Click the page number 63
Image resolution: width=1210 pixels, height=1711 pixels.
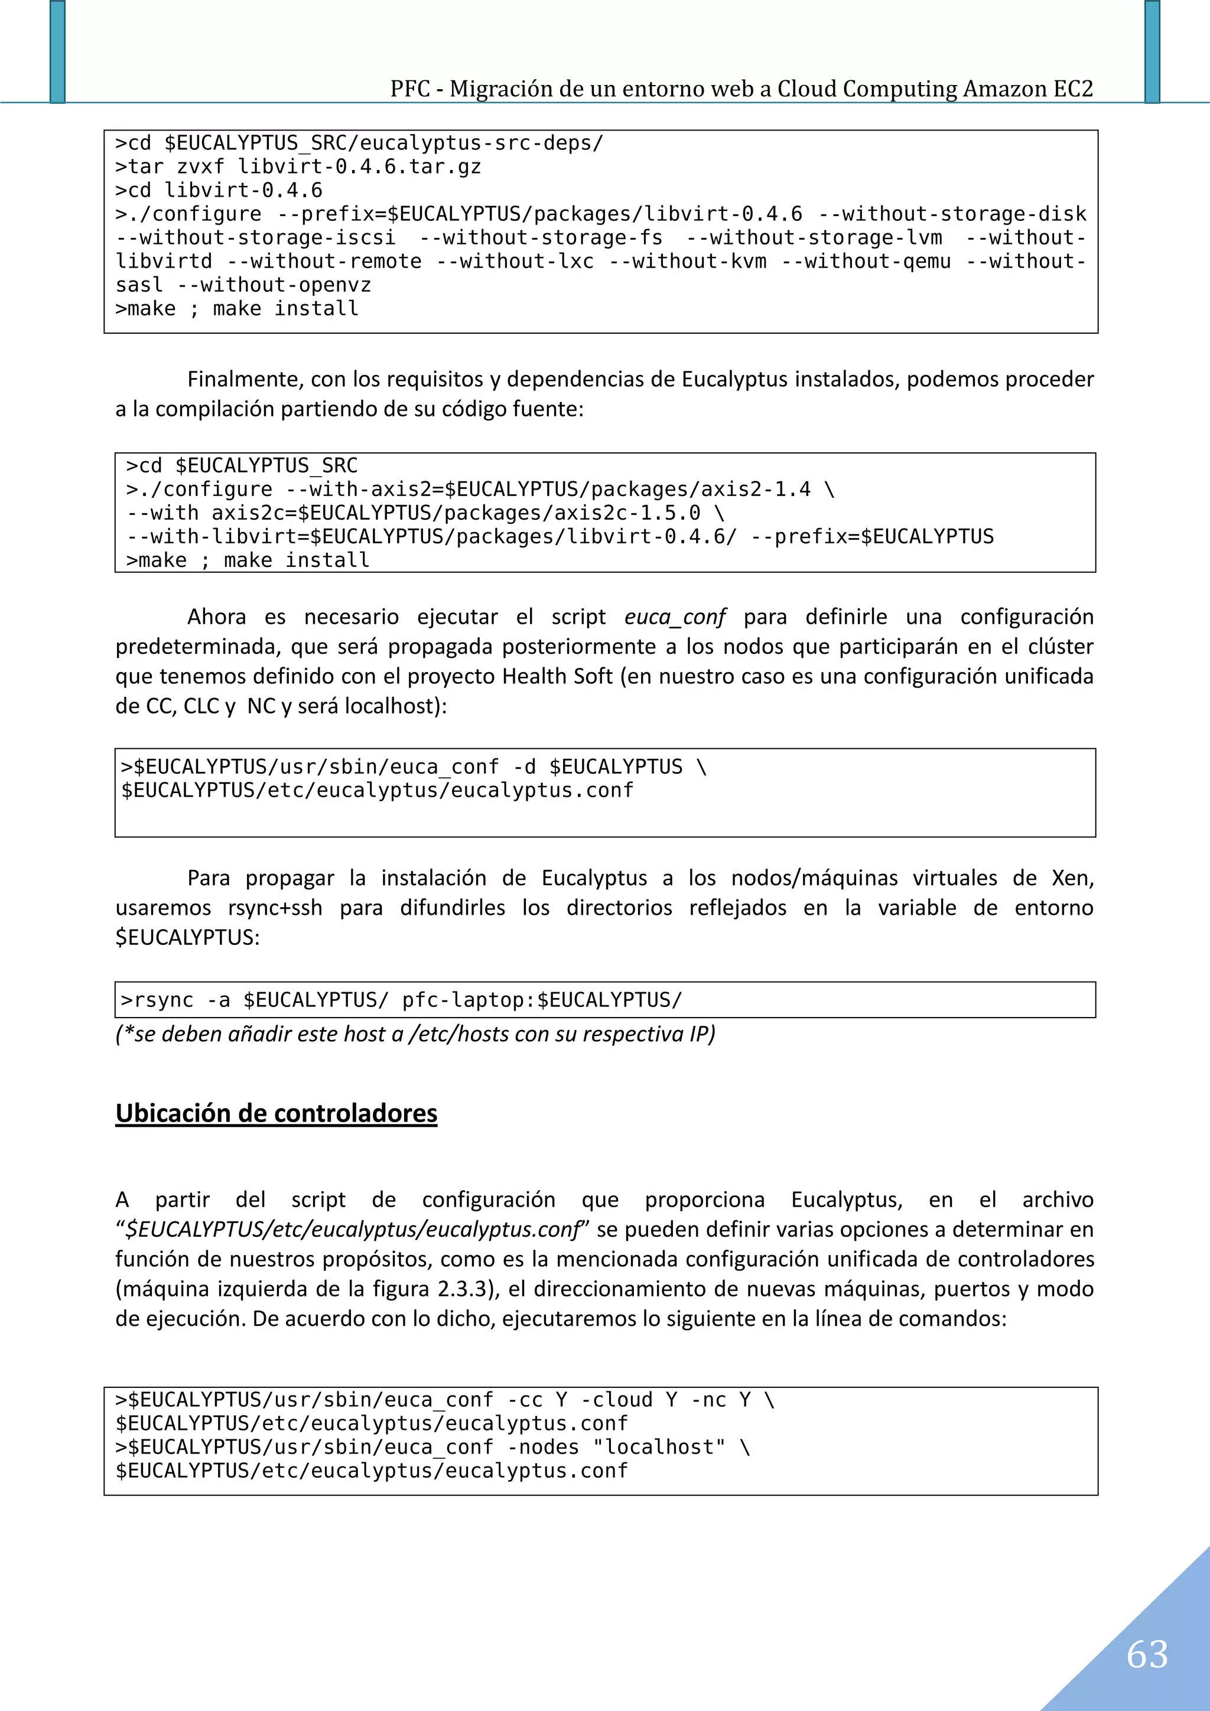(x=1147, y=1654)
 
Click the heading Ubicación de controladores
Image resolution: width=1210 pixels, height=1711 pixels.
(x=276, y=1113)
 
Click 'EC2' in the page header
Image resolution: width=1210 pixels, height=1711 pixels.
(x=1073, y=89)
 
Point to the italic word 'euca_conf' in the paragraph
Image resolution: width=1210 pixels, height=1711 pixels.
(x=675, y=617)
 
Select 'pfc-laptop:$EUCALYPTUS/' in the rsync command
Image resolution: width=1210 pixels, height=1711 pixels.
(x=542, y=1000)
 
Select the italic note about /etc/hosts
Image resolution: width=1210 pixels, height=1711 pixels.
(x=415, y=1034)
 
